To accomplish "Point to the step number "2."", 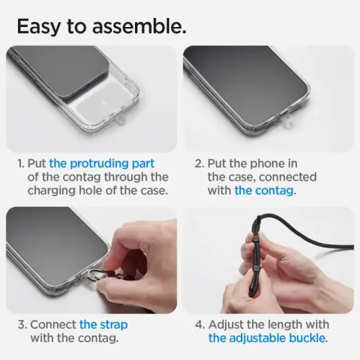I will pos(200,163).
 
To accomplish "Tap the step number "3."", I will pos(20,324).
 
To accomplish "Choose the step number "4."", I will pos(200,324).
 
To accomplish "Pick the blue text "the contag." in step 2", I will pos(264,191).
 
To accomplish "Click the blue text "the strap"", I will pos(103,324).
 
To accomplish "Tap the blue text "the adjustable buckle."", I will pos(268,338).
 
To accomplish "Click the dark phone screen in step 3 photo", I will pos(48,235).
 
